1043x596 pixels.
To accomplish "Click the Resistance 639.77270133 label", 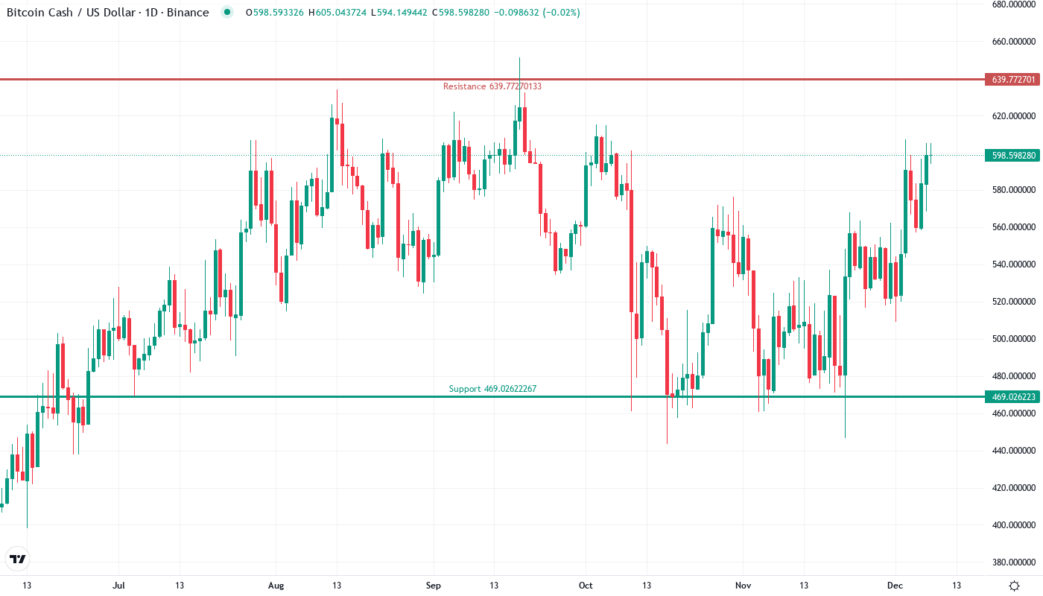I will coord(492,86).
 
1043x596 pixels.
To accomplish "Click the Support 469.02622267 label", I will coord(492,389).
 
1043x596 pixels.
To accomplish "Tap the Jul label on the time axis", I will coord(118,586).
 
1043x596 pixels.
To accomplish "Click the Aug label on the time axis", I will coord(276,586).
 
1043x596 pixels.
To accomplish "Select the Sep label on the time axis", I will coord(433,586).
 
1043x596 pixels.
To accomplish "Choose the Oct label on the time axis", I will coord(586,586).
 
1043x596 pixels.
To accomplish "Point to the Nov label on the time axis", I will coord(742,586).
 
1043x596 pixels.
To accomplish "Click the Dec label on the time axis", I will coord(895,586).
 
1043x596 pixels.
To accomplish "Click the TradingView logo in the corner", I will coord(18,559).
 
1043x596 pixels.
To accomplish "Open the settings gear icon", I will coord(1014,586).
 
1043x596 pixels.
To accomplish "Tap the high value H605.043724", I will coord(337,13).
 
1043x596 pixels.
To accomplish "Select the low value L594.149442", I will coord(402,13).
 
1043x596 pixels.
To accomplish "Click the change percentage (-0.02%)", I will coord(562,13).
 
